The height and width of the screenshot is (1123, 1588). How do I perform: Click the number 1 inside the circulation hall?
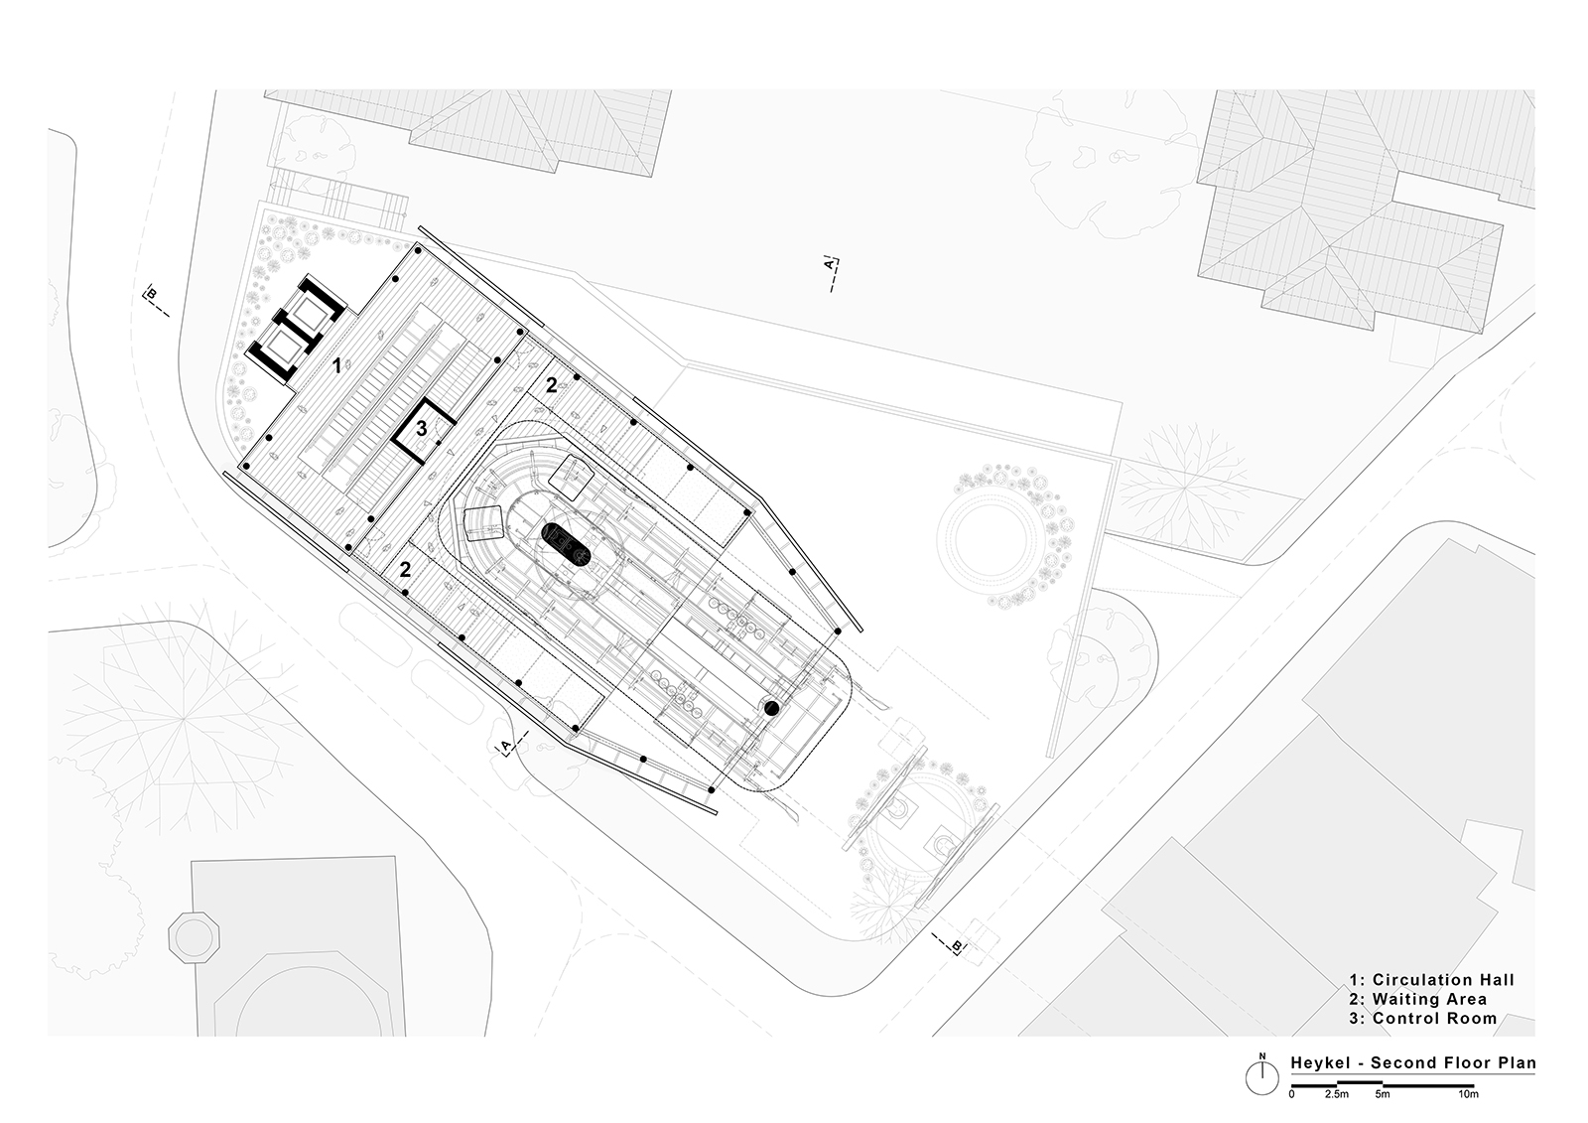[337, 365]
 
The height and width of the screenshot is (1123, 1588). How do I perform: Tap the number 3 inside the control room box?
[421, 428]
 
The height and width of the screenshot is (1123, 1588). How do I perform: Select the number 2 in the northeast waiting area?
[551, 386]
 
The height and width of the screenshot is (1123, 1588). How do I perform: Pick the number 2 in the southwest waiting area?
[405, 570]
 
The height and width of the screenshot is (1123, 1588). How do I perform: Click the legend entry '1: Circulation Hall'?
[1431, 980]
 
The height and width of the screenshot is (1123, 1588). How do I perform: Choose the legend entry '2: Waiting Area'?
[1418, 999]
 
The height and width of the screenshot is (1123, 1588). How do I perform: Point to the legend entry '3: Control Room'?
[1423, 1018]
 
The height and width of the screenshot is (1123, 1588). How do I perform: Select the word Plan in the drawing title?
[1518, 1062]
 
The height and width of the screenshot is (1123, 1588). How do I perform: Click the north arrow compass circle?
[1261, 1079]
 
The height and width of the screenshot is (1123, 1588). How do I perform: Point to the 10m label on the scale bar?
[1468, 1094]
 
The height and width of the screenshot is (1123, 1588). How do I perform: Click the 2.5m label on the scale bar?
[1337, 1094]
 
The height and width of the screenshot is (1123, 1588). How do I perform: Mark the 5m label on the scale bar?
[1383, 1094]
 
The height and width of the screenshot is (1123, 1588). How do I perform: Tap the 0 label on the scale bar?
[1291, 1094]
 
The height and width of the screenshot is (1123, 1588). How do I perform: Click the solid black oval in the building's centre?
[567, 545]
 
